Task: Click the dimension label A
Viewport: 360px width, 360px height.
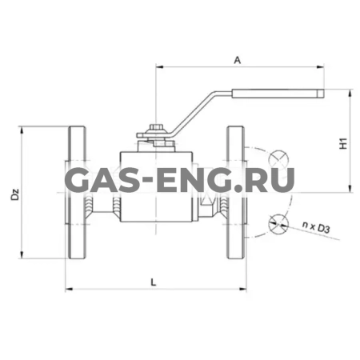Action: click(237, 58)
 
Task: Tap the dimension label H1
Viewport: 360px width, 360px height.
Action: click(342, 144)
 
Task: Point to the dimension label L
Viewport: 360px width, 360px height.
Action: click(152, 281)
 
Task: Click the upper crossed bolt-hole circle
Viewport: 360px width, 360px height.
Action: click(278, 158)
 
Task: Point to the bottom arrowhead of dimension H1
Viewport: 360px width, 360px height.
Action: click(351, 188)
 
